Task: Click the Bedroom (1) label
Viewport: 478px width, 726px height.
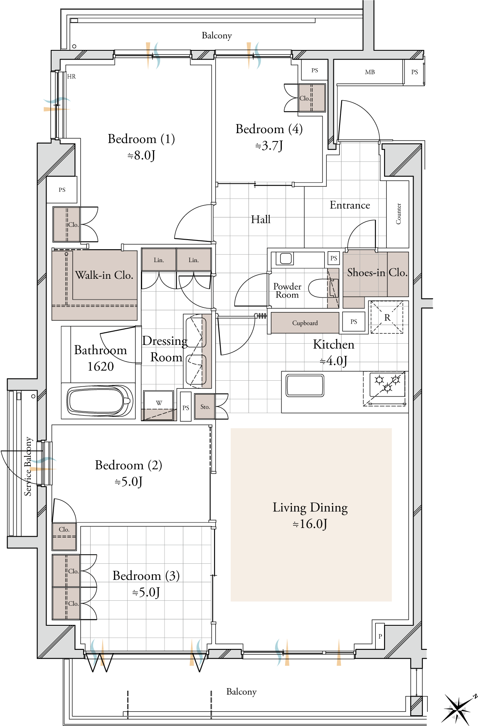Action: [x=141, y=139]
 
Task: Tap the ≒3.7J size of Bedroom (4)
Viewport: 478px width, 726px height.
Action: [x=269, y=146]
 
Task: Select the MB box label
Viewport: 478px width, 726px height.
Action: [x=370, y=72]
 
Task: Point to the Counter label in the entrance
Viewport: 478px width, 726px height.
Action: [x=399, y=214]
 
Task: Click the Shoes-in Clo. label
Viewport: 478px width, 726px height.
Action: [x=377, y=273]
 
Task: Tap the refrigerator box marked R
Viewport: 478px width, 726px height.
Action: [x=387, y=317]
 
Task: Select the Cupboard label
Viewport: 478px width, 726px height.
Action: [x=305, y=323]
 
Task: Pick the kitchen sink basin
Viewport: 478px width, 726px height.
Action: [x=305, y=386]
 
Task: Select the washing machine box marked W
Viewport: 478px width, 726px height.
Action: [x=159, y=405]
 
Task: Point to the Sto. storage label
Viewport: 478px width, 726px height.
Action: [x=205, y=407]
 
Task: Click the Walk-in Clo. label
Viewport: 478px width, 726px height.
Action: [x=104, y=275]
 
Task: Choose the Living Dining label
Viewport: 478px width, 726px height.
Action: [x=310, y=508]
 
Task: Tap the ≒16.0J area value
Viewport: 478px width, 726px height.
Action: [x=310, y=524]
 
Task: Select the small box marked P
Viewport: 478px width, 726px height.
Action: [x=380, y=636]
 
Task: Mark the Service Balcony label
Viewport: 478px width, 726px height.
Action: [x=28, y=466]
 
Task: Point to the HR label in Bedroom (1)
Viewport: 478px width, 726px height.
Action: [x=71, y=77]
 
